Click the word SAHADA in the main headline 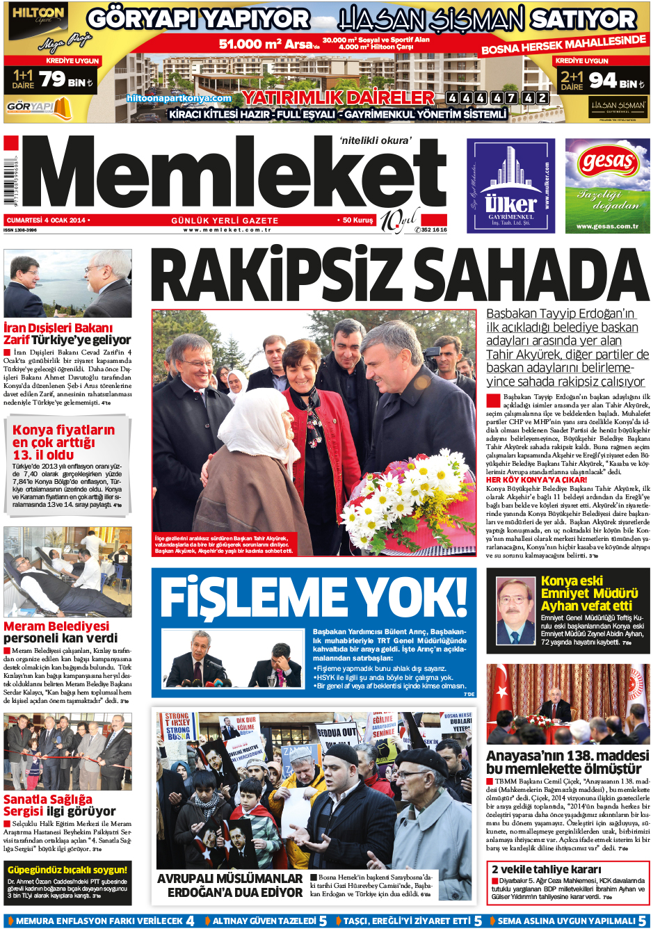click(529, 277)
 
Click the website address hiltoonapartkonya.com click(179, 98)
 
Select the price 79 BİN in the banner click(65, 81)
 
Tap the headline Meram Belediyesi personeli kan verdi click(61, 632)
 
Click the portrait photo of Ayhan click(515, 610)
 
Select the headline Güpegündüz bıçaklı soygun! click(67, 870)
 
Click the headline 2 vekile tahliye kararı click(546, 869)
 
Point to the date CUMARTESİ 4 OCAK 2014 click(47, 220)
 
